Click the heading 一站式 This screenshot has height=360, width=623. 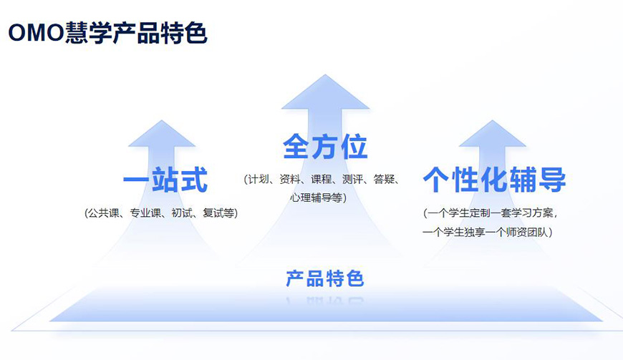tap(165, 180)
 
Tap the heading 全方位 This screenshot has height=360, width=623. tap(325, 146)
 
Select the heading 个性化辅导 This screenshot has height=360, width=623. tap(494, 180)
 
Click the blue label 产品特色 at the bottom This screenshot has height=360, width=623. tap(325, 278)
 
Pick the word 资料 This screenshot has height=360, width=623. tap(289, 179)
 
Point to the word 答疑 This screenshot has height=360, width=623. tap(384, 179)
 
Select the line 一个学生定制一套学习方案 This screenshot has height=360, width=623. tap(489, 213)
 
